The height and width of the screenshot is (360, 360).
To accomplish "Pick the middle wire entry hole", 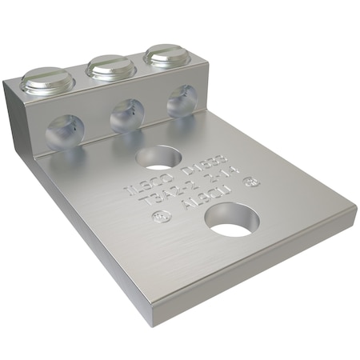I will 126,117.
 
